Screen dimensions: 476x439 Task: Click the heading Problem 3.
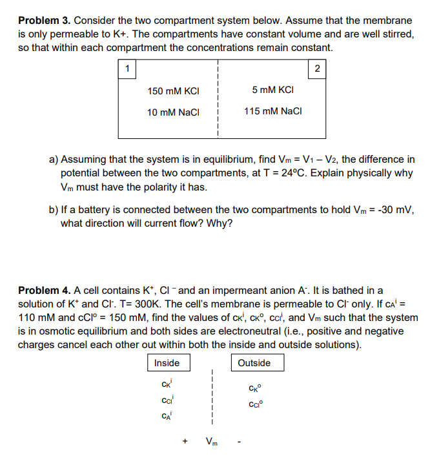[45, 21]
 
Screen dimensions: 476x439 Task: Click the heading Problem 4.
[45, 291]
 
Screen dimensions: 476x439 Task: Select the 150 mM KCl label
[168, 91]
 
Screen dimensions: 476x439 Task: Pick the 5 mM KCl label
[274, 90]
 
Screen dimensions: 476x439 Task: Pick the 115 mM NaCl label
[273, 112]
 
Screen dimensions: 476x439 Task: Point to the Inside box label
[167, 363]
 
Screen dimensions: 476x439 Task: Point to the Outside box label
[254, 363]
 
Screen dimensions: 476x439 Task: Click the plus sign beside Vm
[185, 442]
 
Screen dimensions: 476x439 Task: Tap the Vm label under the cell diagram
[211, 442]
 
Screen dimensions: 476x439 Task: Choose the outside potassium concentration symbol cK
[254, 389]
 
